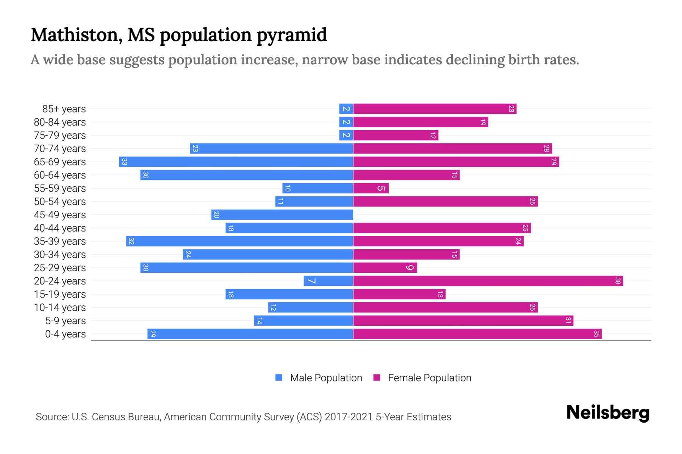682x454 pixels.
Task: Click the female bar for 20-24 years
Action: coord(488,281)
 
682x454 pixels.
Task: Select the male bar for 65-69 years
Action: coord(236,162)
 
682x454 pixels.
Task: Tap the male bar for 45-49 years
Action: coord(282,215)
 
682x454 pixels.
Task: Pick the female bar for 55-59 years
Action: coord(371,188)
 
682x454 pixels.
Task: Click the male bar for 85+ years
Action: coord(346,109)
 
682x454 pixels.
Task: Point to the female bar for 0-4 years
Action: coord(477,334)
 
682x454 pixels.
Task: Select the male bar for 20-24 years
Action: coord(328,281)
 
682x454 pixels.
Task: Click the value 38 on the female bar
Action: coord(618,281)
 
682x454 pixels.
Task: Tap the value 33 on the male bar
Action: coord(124,162)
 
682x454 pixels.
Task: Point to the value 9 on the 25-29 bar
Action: coord(410,268)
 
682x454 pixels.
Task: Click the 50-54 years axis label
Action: coord(60,202)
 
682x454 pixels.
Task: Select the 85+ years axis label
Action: coord(64,109)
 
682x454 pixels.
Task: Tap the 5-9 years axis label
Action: coord(66,321)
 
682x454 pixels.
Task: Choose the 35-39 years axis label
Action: coord(60,241)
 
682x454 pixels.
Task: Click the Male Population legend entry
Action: coord(326,378)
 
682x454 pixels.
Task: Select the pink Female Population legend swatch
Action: coord(377,378)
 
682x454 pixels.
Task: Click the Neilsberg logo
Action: coord(608,412)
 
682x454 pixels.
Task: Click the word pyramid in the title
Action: coord(292,35)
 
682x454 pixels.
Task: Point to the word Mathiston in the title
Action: coord(76,35)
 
